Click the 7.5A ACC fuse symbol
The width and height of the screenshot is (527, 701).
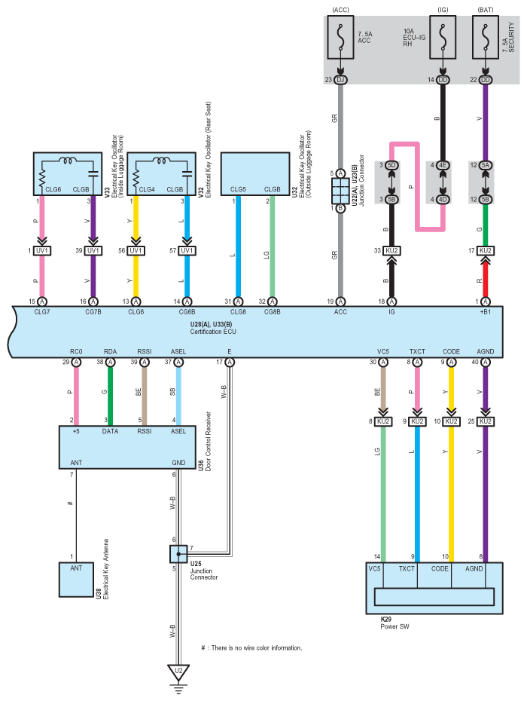(x=340, y=37)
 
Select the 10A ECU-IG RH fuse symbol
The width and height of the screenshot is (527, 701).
(x=443, y=37)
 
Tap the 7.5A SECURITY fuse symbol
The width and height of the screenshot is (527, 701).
(x=486, y=37)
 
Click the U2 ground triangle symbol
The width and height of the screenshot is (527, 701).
(x=178, y=672)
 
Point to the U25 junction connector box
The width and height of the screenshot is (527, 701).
(x=178, y=554)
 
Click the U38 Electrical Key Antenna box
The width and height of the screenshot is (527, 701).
(x=76, y=580)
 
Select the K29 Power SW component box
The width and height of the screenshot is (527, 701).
(x=434, y=588)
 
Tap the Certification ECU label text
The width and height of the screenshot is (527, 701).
(x=213, y=332)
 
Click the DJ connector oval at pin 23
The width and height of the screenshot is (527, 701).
(x=340, y=80)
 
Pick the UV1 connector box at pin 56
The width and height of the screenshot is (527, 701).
(x=136, y=251)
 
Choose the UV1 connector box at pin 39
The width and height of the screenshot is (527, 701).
(x=93, y=251)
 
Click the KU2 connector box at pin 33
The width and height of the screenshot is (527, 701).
(x=391, y=251)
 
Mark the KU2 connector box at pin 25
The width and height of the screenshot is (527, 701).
(x=486, y=421)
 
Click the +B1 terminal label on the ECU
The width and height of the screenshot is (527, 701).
(x=485, y=311)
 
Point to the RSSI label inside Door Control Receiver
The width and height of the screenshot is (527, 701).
(x=145, y=431)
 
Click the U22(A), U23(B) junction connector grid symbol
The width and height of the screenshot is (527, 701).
(x=340, y=191)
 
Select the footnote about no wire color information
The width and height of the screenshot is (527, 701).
(x=251, y=647)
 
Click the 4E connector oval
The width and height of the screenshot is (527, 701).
(x=443, y=165)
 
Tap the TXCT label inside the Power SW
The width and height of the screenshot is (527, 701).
(x=407, y=568)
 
